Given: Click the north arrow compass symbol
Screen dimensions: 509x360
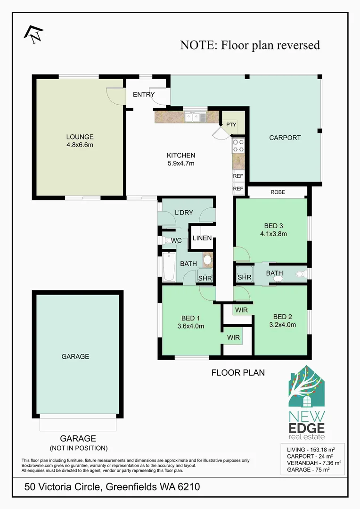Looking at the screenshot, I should (x=33, y=34).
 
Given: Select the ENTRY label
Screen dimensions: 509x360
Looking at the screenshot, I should (x=144, y=94).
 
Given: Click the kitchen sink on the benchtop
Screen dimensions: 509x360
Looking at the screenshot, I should (x=195, y=117).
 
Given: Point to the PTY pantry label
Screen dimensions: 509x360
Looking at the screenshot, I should (x=231, y=124).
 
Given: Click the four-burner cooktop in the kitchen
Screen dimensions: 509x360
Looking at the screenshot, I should (x=238, y=146).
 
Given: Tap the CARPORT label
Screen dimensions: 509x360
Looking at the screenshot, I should (x=285, y=138).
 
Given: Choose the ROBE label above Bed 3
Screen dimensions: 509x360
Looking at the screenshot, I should (x=278, y=192).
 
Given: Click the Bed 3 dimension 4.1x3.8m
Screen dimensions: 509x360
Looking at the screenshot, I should (x=273, y=233).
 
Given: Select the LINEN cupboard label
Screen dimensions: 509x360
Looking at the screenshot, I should (x=202, y=238).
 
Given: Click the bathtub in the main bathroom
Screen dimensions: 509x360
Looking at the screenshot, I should (x=168, y=267).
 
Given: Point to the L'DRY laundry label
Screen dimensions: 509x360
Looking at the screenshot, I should (x=184, y=213).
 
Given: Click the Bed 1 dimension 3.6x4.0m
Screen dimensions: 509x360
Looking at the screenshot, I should (x=190, y=325).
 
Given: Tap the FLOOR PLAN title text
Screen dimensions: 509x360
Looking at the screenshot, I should (x=238, y=372).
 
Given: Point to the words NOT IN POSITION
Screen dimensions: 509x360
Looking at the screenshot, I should (x=78, y=448).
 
